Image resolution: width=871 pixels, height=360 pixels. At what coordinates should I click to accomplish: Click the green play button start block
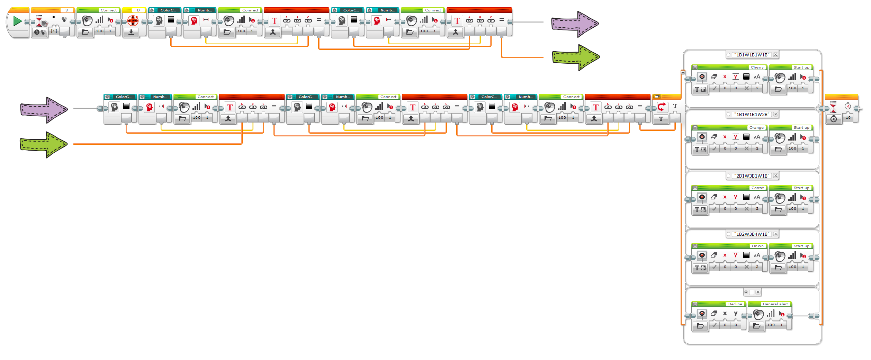pos(17,21)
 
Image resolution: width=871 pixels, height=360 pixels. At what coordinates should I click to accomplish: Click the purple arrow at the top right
pos(575,24)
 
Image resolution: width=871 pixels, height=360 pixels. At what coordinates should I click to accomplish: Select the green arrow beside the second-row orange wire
pos(43,144)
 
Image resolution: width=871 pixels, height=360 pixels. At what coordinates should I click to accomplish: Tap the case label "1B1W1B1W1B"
pos(752,55)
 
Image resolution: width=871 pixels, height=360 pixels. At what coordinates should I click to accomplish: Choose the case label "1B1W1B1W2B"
pos(752,114)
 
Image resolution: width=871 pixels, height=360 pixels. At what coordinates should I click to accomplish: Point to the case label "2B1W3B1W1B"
pos(752,176)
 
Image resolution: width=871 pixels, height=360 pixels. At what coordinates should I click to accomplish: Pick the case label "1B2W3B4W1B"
pos(752,234)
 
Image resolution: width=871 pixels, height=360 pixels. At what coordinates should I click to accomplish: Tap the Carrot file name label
pos(757,188)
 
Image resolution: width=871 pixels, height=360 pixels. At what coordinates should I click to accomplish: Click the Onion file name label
pos(757,246)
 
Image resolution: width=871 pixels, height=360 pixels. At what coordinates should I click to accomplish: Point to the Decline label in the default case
pos(735,304)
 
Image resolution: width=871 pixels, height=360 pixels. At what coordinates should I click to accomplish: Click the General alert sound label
pos(775,304)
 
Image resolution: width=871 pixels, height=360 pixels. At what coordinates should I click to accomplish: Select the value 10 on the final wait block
pos(848,118)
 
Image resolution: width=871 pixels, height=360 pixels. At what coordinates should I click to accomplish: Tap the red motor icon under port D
pos(133,21)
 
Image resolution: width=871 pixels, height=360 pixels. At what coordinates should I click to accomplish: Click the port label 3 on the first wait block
pos(66,10)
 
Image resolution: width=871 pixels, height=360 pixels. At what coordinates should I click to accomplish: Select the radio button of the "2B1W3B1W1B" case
pos(729,176)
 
